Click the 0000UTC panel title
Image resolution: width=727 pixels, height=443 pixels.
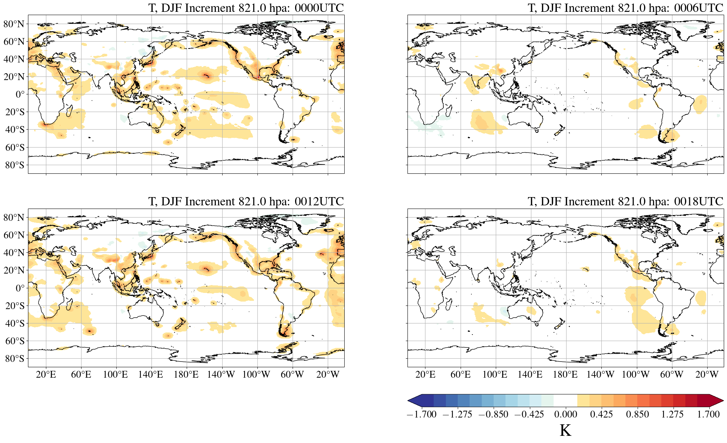246,8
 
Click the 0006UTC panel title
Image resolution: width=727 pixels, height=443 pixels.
625,8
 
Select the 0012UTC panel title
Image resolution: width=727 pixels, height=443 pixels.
246,201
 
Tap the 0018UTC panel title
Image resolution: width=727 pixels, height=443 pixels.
625,201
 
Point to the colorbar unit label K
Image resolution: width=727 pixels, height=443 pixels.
565,430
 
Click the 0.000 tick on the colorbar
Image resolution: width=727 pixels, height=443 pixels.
565,414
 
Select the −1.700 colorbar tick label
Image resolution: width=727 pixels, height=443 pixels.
422,414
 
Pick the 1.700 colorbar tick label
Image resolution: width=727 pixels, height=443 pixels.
708,414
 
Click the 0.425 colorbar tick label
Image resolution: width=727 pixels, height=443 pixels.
601,414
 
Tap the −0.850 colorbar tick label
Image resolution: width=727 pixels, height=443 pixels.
494,414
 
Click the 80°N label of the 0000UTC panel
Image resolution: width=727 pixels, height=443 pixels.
14,24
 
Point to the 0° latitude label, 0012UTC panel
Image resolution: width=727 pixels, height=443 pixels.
20,288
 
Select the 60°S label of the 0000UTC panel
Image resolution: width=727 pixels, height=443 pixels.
15,148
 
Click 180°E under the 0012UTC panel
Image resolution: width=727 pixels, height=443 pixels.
186,375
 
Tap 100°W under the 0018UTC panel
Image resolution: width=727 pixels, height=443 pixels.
635,375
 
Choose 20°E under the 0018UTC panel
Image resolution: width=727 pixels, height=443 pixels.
425,375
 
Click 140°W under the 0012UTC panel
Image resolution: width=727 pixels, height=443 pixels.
221,375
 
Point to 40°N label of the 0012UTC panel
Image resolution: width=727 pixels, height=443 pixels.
14,253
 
